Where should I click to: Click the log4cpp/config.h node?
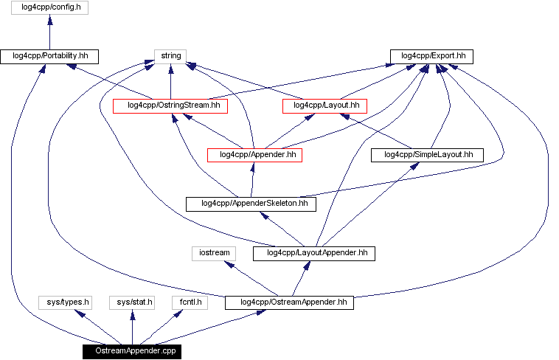click(x=49, y=8)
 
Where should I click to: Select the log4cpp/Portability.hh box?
click(x=49, y=56)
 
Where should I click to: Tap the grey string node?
click(x=170, y=56)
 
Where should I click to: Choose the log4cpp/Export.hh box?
click(x=432, y=56)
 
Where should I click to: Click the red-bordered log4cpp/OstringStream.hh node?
click(x=170, y=105)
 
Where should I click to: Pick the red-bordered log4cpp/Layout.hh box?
click(x=325, y=105)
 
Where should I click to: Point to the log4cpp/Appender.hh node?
click(x=255, y=155)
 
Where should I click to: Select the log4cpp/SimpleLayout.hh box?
click(x=427, y=155)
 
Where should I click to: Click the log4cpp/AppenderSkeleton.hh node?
click(x=251, y=204)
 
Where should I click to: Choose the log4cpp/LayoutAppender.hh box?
click(x=313, y=253)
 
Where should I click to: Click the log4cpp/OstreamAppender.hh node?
click(x=289, y=302)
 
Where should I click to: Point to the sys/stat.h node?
click(x=132, y=302)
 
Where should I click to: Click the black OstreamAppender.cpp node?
click(x=132, y=351)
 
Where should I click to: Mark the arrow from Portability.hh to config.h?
click(x=49, y=32)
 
